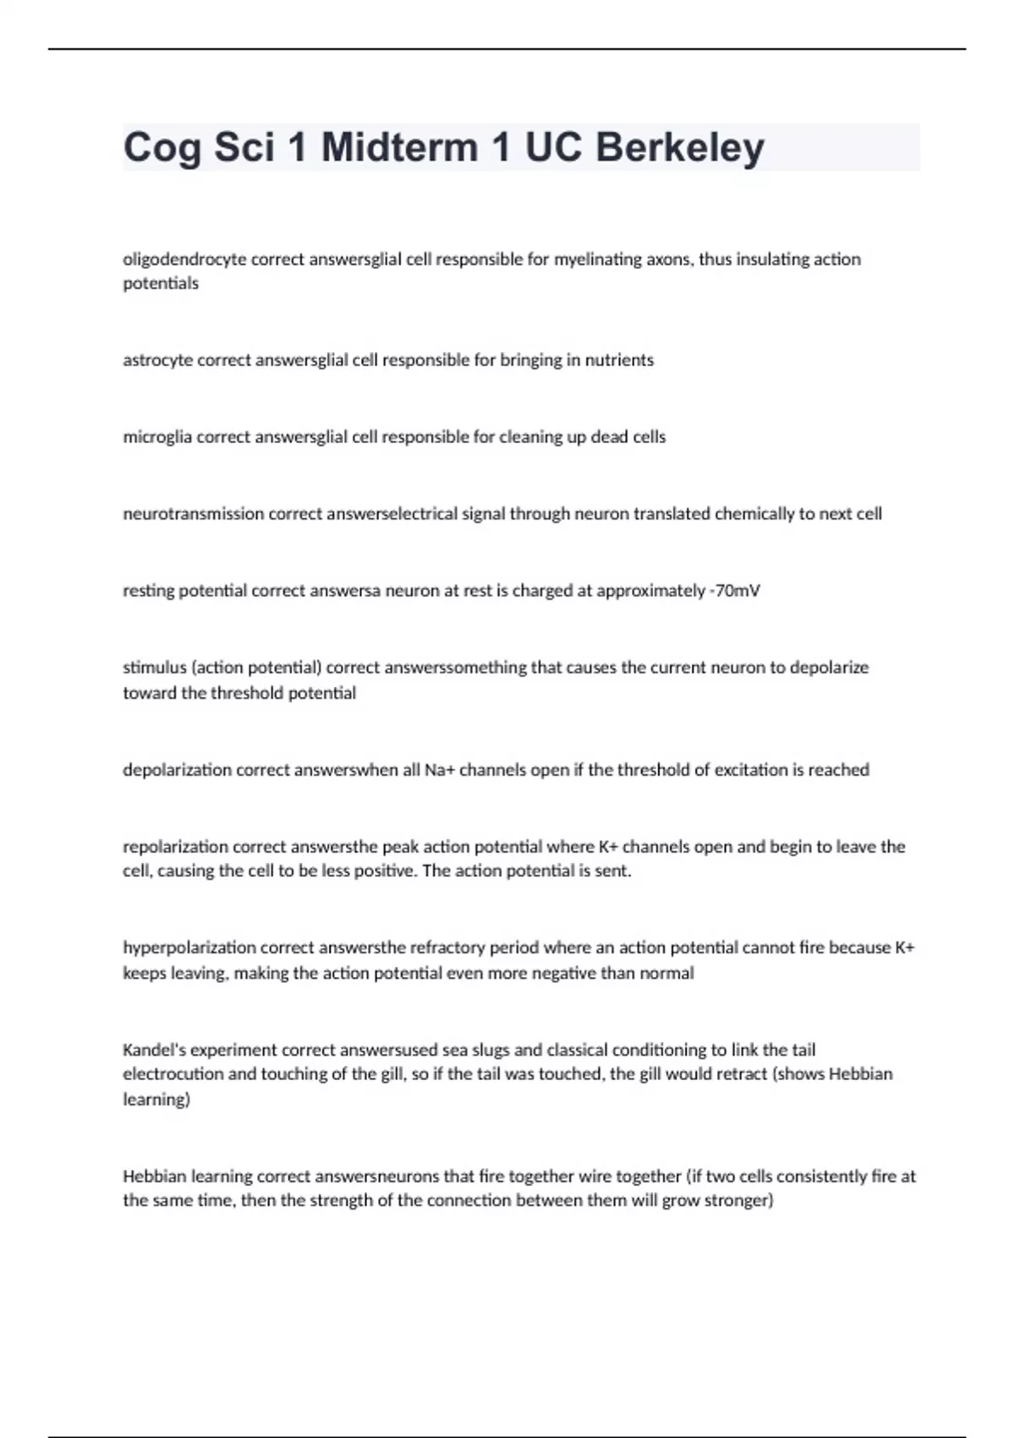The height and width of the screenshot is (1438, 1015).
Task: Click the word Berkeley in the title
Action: [x=679, y=148]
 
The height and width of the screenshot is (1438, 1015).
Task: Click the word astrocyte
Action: [x=158, y=360]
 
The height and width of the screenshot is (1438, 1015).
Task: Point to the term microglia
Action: [x=157, y=437]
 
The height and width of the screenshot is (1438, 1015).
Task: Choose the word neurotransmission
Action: [x=194, y=514]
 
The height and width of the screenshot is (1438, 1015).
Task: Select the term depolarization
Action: [x=177, y=770]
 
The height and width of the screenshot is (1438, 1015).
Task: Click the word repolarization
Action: [x=175, y=847]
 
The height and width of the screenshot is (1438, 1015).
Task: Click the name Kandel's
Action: [x=155, y=1050]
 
